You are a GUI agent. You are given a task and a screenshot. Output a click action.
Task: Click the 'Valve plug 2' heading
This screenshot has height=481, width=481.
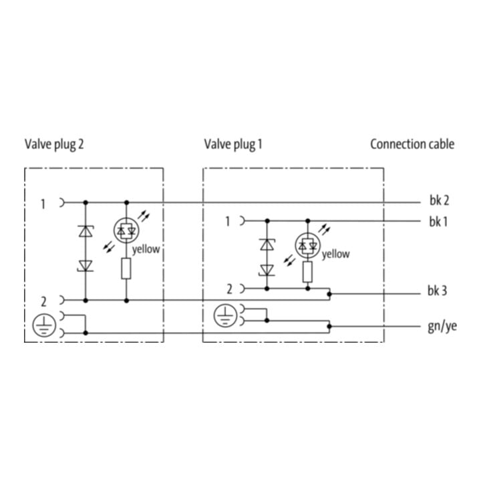pyautogui.click(x=54, y=144)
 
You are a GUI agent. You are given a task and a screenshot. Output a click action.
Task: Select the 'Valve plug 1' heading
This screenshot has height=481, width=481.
pyautogui.click(x=233, y=144)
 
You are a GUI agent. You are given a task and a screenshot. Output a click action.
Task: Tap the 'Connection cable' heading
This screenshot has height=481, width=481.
pyautogui.click(x=412, y=144)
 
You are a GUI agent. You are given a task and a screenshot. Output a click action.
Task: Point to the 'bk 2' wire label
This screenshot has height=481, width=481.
pyautogui.click(x=439, y=200)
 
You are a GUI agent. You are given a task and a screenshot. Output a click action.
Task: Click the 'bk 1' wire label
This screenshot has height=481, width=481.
pyautogui.click(x=438, y=222)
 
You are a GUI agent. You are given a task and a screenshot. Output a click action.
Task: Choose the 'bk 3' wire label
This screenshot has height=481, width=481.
pyautogui.click(x=437, y=291)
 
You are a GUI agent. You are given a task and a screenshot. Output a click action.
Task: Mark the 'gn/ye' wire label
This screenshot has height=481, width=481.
pyautogui.click(x=442, y=327)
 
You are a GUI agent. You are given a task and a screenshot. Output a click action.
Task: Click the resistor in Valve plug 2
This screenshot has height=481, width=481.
pyautogui.click(x=126, y=269)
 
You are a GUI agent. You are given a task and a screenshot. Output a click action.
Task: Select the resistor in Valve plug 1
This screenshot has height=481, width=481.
pyautogui.click(x=307, y=272)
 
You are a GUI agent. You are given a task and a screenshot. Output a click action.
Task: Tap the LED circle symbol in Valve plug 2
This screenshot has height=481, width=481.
pyautogui.click(x=126, y=230)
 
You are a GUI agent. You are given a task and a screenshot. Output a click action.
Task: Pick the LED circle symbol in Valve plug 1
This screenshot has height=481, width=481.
pyautogui.click(x=307, y=245)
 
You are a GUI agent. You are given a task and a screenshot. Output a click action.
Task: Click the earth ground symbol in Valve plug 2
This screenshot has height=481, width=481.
pyautogui.click(x=44, y=325)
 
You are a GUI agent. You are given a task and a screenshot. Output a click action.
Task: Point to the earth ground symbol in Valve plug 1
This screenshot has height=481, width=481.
pyautogui.click(x=226, y=315)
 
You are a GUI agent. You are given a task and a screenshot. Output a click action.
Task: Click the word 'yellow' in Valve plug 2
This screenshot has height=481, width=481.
pyautogui.click(x=146, y=249)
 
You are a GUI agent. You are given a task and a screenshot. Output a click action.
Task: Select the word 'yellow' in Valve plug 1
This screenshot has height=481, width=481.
pyautogui.click(x=335, y=254)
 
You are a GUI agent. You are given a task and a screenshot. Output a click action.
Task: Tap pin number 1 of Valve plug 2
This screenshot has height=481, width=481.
pyautogui.click(x=43, y=204)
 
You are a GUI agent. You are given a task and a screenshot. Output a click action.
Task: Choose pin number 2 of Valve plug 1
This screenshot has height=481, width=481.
pyautogui.click(x=229, y=289)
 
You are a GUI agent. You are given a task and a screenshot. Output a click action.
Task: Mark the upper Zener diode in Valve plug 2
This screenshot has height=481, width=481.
pyautogui.click(x=86, y=231)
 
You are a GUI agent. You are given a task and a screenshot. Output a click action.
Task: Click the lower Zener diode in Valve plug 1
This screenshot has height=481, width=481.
pyautogui.click(x=267, y=271)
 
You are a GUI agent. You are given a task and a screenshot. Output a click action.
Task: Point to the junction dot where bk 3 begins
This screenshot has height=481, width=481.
pyautogui.click(x=329, y=294)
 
